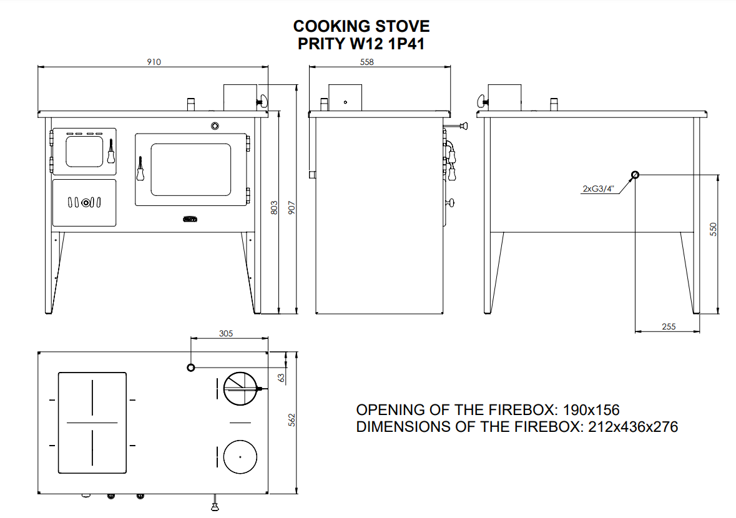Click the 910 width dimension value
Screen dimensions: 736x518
[x=154, y=62]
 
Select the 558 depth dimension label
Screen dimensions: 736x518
[x=366, y=62]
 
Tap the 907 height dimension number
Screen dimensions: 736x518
[x=292, y=208]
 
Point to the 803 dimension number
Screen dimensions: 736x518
[x=274, y=208]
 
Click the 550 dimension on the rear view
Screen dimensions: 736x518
[x=713, y=230]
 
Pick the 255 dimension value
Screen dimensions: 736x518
[x=669, y=326]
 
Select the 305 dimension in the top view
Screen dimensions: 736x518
[x=226, y=333]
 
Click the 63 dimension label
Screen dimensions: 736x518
[x=281, y=378]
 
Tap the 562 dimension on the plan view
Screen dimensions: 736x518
[x=292, y=420]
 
